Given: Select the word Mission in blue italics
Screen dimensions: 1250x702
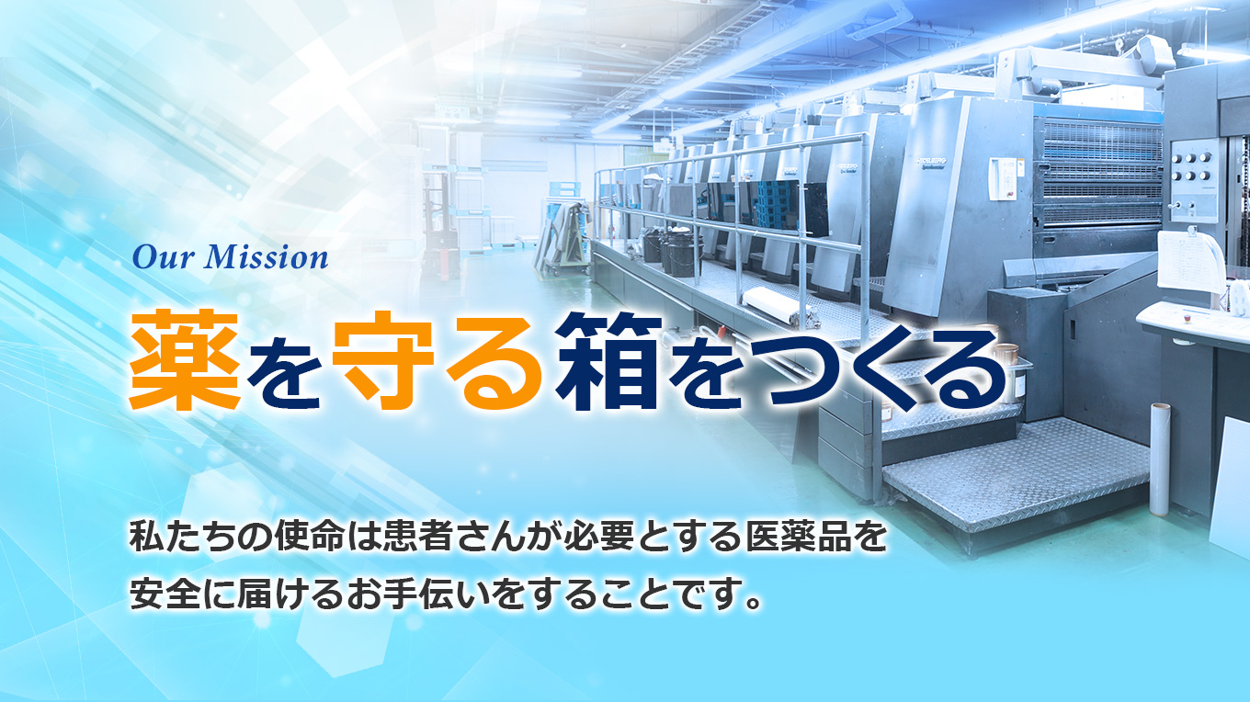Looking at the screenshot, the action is click(266, 257).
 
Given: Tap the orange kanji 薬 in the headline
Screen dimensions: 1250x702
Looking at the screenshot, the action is click(185, 360).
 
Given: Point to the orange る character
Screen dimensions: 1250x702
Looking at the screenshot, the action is click(494, 365).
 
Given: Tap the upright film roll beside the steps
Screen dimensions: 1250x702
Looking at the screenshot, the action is click(1160, 459).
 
